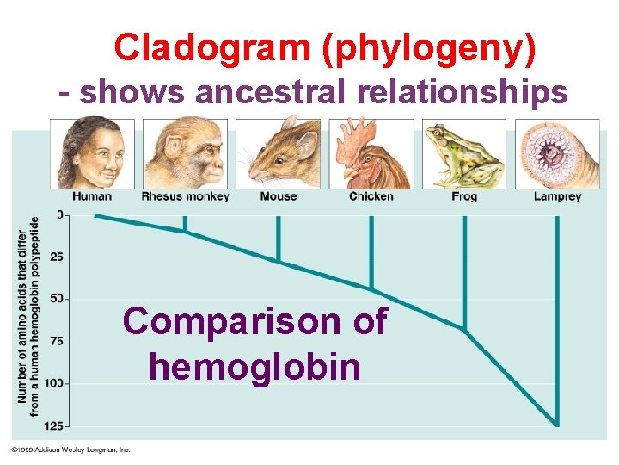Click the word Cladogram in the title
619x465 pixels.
coord(214,49)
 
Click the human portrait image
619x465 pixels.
coord(92,152)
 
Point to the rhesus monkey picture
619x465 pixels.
coord(185,152)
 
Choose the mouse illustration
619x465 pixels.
coord(278,152)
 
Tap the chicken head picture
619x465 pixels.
coord(372,152)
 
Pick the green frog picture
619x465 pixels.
coord(465,152)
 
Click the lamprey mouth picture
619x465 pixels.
coord(557,152)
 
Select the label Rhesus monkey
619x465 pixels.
coord(185,196)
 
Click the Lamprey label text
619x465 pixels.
coord(557,196)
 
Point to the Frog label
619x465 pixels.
coord(464,196)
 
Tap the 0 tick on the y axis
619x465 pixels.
coord(59,214)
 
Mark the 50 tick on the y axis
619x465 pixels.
coord(57,299)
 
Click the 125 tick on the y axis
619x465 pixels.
coord(54,425)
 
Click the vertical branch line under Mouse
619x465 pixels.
coord(278,237)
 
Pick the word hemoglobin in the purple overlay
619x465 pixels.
coord(254,367)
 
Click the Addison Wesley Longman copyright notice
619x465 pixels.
coord(70,449)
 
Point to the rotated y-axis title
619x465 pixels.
coord(29,315)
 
